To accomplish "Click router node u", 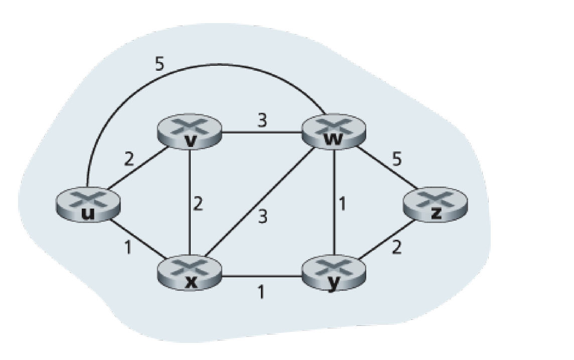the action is coord(88,206).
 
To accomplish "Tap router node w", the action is coord(331,132).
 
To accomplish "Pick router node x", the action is coord(189,273).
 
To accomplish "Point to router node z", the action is coord(436,205).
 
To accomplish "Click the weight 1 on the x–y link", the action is coord(260,292).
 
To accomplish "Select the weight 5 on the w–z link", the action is coord(397,160).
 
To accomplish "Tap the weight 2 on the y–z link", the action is coord(396,248).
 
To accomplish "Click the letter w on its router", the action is coord(331,140).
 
